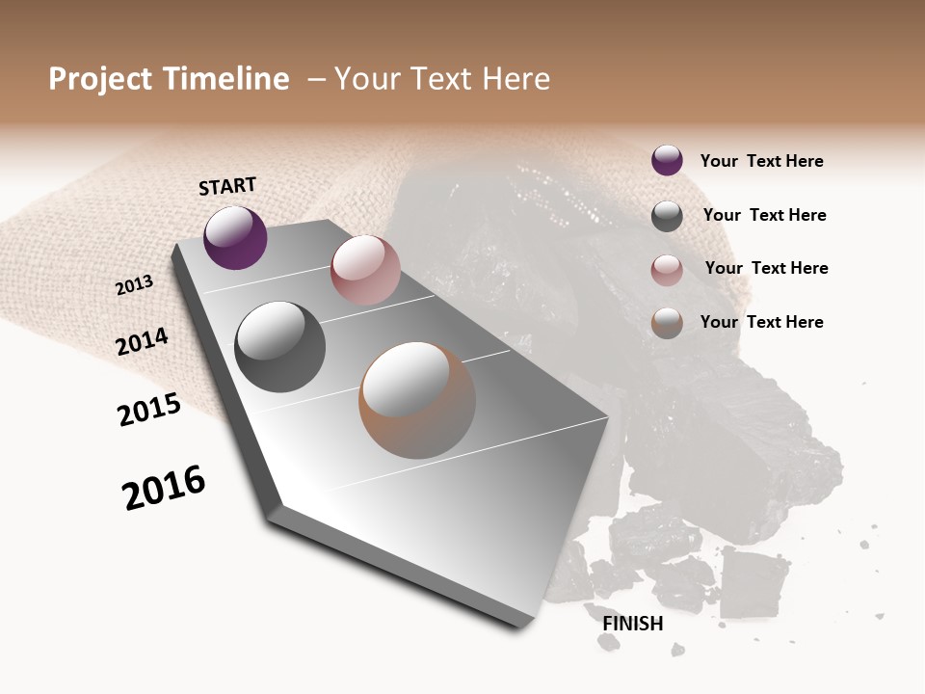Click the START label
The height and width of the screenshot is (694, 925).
coord(227,186)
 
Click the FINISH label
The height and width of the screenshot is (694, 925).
coord(632,624)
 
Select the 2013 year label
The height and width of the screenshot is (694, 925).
coord(134,284)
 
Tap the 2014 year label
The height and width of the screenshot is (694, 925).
coord(142,341)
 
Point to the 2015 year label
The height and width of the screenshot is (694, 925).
coord(148,410)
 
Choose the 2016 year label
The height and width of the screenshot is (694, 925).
coord(164,487)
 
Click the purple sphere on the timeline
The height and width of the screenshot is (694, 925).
coord(235,237)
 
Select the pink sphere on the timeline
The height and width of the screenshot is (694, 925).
coord(365,270)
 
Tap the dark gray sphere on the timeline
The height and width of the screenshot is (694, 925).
coord(280,347)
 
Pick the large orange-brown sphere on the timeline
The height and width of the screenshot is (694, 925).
coord(417,400)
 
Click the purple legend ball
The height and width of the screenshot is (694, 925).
coord(667,160)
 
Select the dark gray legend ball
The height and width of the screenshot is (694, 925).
coord(667,216)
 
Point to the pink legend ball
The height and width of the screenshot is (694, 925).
coord(667,270)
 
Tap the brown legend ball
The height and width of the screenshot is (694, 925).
coord(667,323)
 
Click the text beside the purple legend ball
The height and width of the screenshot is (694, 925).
coord(761,161)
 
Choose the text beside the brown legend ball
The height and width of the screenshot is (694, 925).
coord(761,322)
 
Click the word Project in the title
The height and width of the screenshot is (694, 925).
coord(100,79)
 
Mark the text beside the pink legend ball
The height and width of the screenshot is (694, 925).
coord(766,268)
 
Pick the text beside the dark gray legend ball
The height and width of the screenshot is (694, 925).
coord(764,215)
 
